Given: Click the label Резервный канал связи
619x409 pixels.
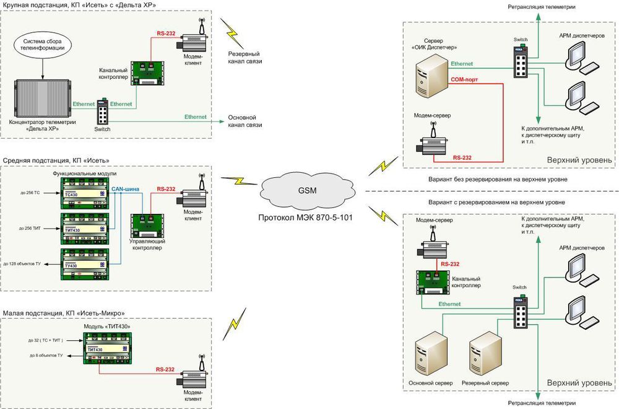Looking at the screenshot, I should (x=245, y=58).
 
